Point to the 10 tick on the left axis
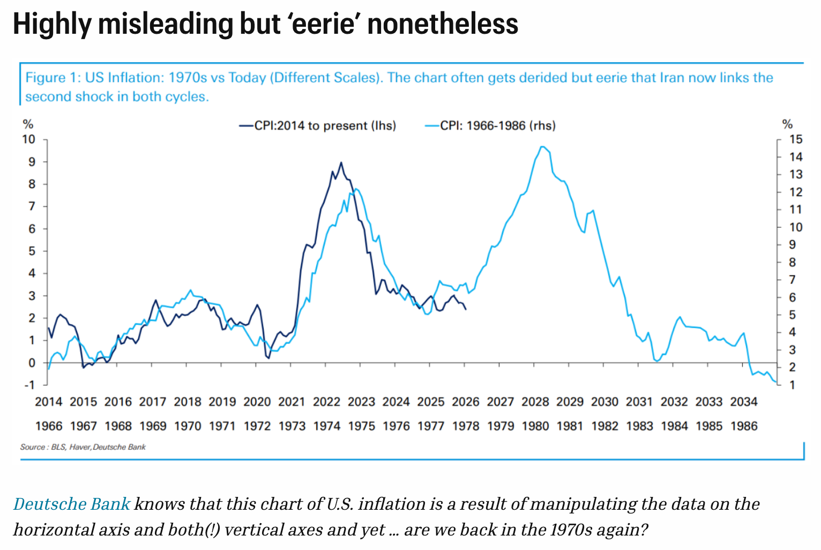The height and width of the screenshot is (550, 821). (28, 139)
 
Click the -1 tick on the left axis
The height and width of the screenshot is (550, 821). (29, 385)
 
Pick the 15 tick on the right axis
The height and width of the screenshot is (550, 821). (796, 139)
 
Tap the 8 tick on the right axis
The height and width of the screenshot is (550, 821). (793, 262)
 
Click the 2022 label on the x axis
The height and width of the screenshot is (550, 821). (326, 402)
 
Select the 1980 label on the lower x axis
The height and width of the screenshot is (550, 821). (535, 426)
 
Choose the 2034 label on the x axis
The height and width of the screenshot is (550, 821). (743, 402)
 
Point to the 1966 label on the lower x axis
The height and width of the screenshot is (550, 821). (49, 426)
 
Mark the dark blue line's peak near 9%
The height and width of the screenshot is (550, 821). (341, 162)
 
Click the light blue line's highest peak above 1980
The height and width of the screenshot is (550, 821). (542, 146)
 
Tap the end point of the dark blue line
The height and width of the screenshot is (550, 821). (465, 309)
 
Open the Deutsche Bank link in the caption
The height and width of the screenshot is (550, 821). (72, 504)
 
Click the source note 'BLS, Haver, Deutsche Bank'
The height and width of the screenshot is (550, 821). (98, 447)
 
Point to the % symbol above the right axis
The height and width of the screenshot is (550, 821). (787, 124)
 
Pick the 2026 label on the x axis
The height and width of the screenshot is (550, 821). (465, 402)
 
